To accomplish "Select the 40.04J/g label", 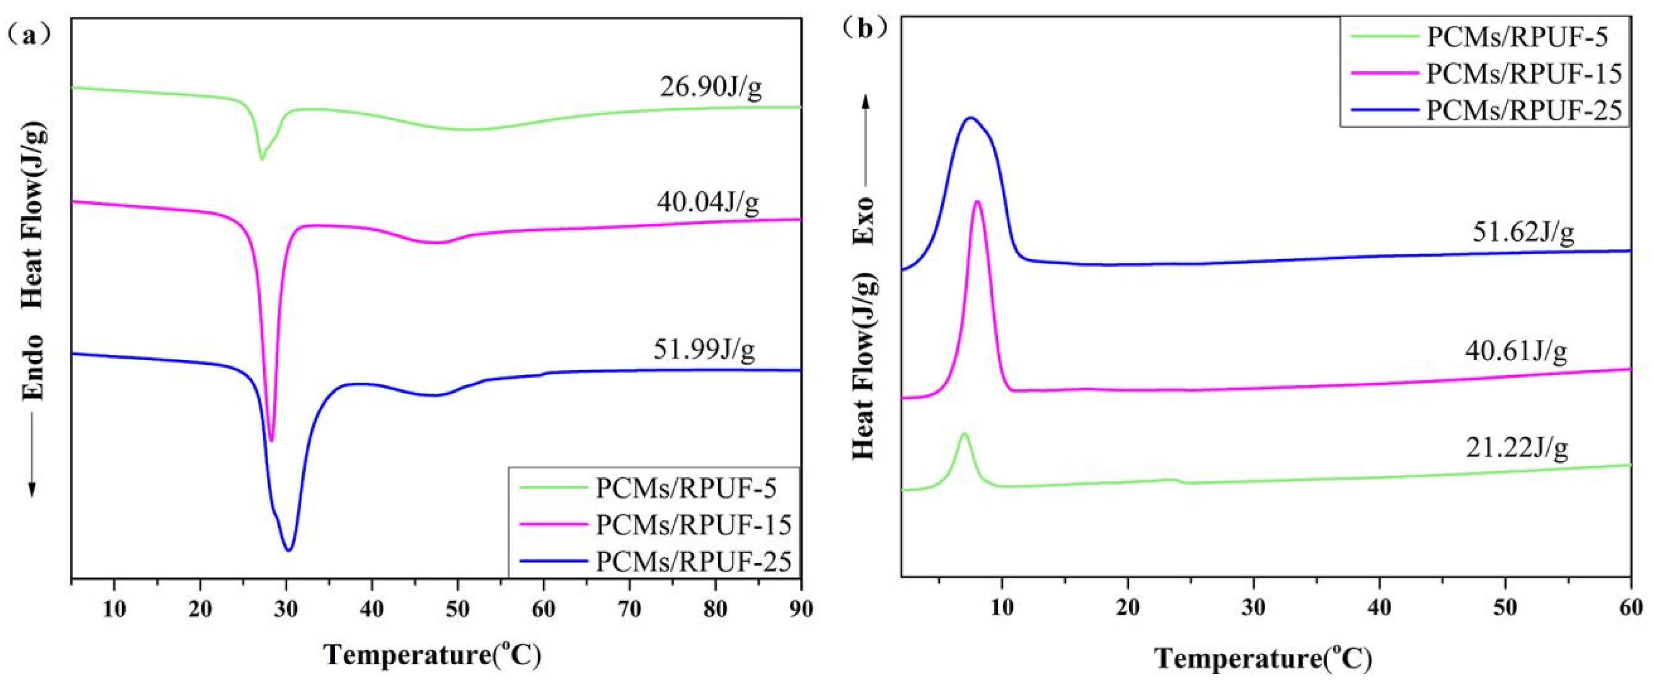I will [708, 203].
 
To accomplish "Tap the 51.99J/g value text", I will [704, 350].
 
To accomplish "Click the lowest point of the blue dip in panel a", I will [289, 549].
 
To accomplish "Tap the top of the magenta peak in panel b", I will [977, 202].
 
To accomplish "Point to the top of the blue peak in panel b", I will [971, 118].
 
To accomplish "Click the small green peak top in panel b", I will [963, 434].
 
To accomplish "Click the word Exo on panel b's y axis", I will [864, 222].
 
